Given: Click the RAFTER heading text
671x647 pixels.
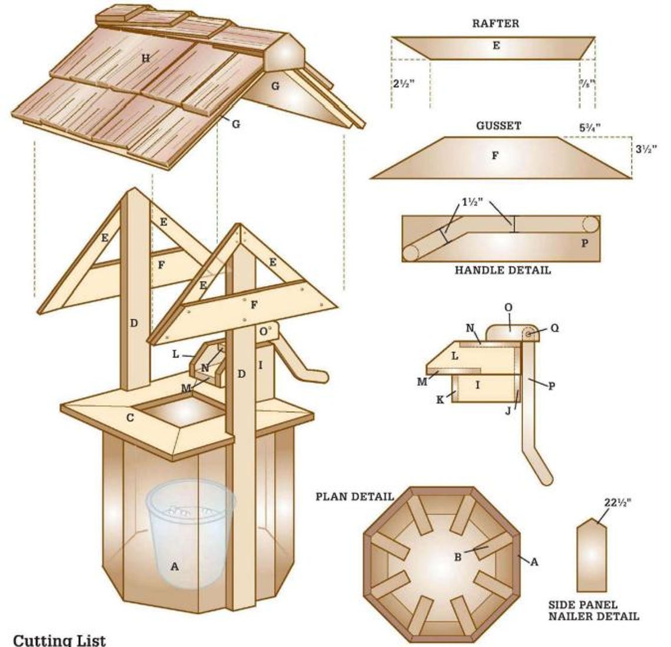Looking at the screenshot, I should point(496,24).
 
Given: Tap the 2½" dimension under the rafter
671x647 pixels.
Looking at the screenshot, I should point(404,84).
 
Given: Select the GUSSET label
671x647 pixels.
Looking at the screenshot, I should point(498,126).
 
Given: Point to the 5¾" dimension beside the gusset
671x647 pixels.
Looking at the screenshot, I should point(589,126).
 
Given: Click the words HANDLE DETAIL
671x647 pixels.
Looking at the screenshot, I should point(503,270).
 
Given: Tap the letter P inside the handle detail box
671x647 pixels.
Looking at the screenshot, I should point(584,243).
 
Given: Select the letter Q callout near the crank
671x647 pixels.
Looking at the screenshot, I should point(555,329).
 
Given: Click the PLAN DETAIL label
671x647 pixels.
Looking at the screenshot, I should point(355,496).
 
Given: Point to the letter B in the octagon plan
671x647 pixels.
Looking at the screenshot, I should point(457,557).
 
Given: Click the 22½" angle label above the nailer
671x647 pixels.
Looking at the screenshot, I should point(619,503).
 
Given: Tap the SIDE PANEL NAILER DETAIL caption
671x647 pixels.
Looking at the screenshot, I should point(593,610).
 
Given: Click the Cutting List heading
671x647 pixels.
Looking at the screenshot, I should point(59,639).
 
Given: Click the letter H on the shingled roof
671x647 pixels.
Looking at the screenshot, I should point(145,58).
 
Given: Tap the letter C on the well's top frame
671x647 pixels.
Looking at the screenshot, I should point(130,417).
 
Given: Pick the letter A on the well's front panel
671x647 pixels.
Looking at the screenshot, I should point(174,567).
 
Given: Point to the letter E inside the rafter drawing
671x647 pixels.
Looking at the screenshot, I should point(496,45).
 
